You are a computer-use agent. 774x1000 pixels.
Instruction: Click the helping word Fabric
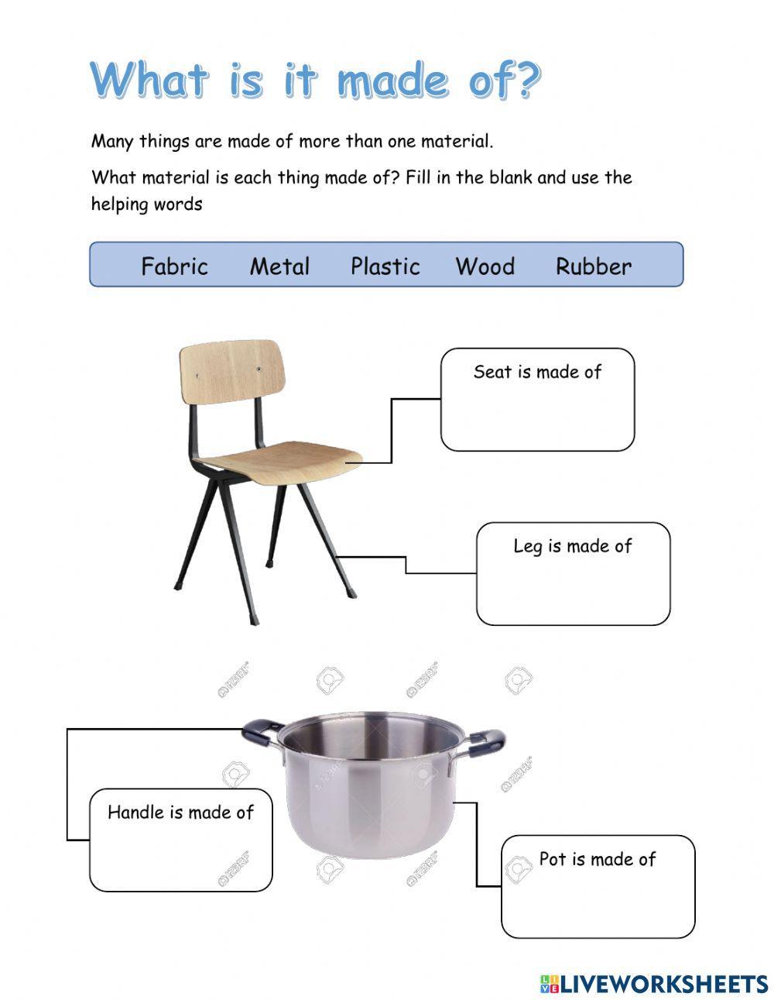(x=174, y=266)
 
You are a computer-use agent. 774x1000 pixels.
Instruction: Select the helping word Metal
(x=279, y=266)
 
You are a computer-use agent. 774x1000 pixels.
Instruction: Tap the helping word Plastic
(x=385, y=266)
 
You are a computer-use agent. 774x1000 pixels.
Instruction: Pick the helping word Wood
(x=485, y=266)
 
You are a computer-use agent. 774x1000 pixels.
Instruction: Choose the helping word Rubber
(x=594, y=266)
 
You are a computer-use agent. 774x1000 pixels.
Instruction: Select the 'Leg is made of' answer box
(x=573, y=585)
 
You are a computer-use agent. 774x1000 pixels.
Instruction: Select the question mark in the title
(x=526, y=80)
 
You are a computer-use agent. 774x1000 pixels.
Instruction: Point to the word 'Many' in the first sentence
(x=113, y=142)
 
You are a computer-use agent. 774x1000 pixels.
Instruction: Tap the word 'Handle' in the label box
(x=135, y=812)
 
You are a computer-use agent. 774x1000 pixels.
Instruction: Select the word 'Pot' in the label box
(x=553, y=859)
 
